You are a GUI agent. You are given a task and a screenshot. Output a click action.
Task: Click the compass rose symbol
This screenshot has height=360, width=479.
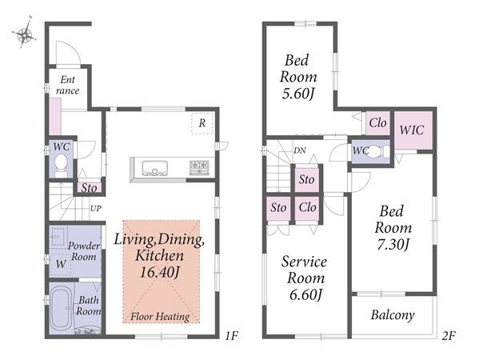25,32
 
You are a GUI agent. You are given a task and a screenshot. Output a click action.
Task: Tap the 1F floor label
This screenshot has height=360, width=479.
231,336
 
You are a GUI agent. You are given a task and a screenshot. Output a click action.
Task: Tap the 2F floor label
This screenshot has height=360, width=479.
449,336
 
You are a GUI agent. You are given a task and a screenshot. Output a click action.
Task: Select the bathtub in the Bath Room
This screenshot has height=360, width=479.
61,309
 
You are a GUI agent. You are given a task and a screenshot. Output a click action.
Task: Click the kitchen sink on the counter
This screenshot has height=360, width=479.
154,168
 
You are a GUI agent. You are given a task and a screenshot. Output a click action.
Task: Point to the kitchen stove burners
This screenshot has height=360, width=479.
199,167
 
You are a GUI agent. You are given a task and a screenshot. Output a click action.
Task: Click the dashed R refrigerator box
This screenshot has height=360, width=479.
202,123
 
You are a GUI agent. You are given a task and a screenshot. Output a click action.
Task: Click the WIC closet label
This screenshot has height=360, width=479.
412,130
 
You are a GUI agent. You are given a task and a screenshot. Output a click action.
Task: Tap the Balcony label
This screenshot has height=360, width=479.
393,315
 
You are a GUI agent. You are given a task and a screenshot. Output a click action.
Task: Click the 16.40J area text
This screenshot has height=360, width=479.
159,272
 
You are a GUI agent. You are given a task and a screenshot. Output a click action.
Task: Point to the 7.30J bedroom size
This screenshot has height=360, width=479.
393,244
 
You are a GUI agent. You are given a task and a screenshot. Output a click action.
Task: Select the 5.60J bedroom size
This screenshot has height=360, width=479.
297,94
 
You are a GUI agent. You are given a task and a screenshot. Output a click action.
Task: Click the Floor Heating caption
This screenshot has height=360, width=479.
160,317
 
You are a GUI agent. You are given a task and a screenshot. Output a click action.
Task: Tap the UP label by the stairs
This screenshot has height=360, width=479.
96,209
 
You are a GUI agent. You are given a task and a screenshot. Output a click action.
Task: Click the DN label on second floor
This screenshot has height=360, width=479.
300,150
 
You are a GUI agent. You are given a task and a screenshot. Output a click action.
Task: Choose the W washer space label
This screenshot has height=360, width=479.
61,264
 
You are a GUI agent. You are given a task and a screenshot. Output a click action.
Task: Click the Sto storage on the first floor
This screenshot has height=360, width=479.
90,188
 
